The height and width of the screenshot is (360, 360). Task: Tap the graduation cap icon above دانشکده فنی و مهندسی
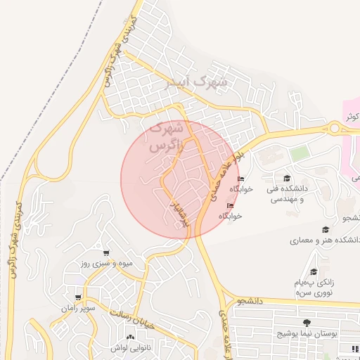(287, 178)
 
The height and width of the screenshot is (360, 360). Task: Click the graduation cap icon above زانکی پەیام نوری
(314, 271)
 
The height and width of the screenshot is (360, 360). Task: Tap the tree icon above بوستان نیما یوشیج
(307, 323)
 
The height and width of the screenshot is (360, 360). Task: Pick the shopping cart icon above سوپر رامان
(78, 297)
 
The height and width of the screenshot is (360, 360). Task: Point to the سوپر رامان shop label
(78, 308)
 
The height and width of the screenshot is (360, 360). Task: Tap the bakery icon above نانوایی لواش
(111, 336)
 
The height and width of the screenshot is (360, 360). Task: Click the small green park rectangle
(300, 153)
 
